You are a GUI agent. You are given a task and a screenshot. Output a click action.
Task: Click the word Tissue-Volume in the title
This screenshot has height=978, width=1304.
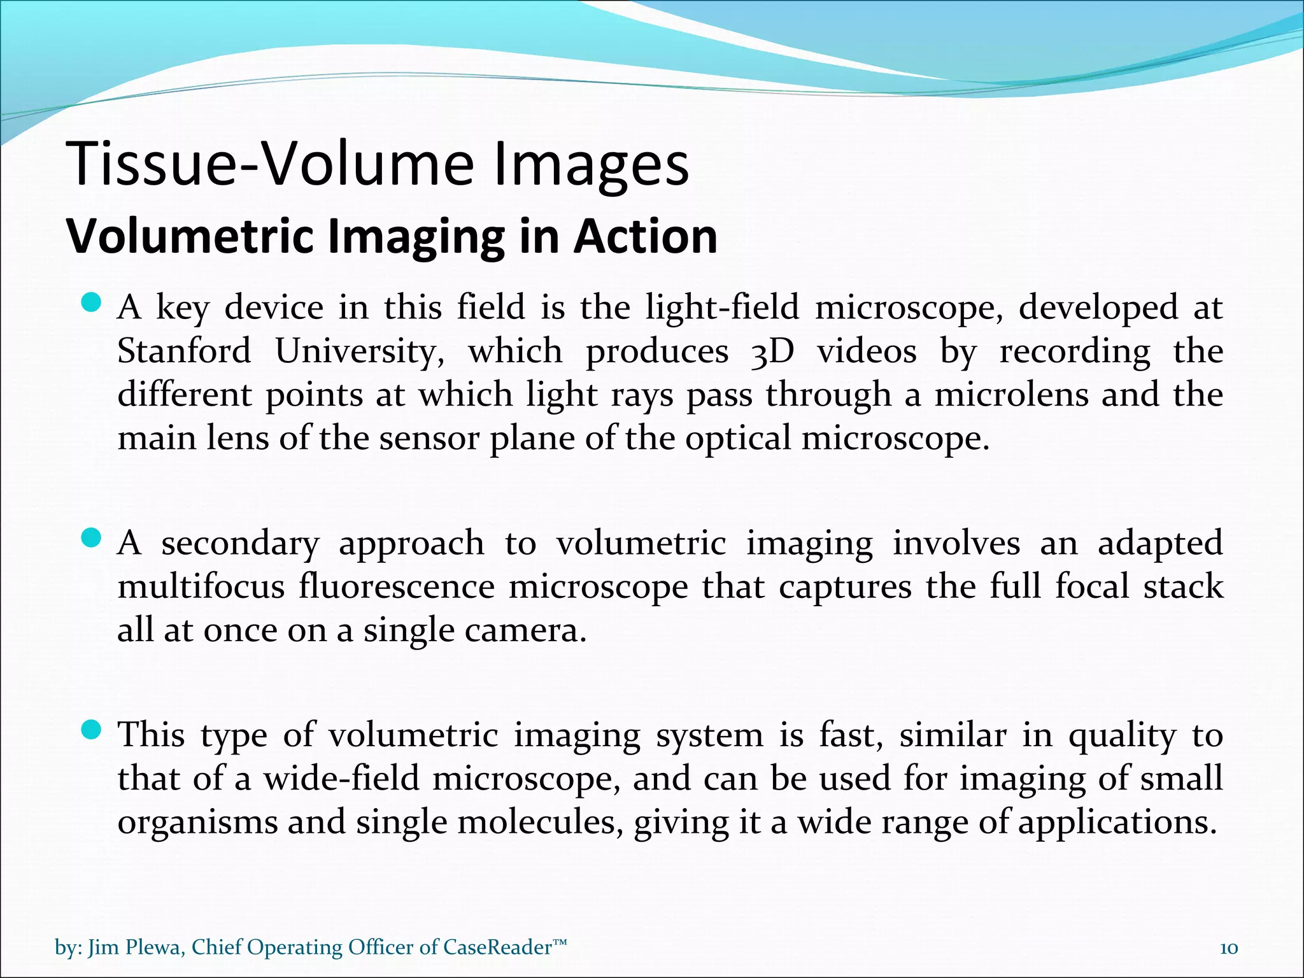pyautogui.click(x=270, y=164)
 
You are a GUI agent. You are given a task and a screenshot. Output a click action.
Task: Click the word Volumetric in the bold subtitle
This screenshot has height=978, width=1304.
pyautogui.click(x=189, y=236)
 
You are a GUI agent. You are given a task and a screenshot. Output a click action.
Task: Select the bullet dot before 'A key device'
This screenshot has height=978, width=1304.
pyautogui.click(x=92, y=302)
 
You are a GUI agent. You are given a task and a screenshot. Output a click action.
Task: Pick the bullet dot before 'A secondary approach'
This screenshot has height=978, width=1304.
pyautogui.click(x=92, y=539)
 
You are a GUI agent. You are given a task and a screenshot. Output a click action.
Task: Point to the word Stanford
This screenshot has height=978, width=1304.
pyautogui.click(x=184, y=351)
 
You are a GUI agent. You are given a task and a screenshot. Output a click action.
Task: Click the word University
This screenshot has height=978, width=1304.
pyautogui.click(x=360, y=351)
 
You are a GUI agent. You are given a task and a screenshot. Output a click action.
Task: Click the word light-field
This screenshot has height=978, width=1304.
pyautogui.click(x=722, y=308)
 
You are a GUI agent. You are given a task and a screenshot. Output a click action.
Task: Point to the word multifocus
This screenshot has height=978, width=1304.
pyautogui.click(x=201, y=587)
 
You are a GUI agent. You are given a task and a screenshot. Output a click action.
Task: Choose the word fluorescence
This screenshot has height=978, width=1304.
pyautogui.click(x=397, y=587)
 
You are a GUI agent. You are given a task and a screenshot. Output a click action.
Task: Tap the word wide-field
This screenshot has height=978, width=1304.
pyautogui.click(x=342, y=779)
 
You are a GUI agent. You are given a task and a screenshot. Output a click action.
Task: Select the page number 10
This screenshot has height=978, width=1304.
pyautogui.click(x=1229, y=948)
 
